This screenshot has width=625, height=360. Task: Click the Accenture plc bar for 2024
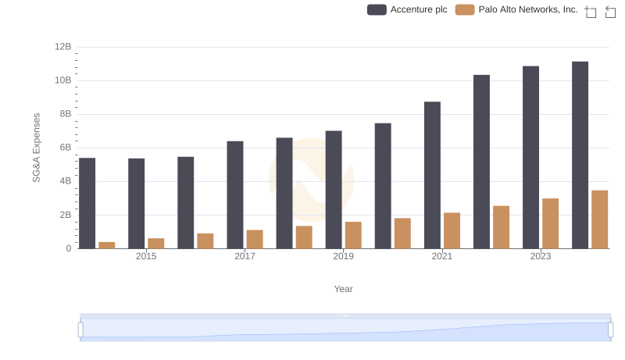click(x=580, y=155)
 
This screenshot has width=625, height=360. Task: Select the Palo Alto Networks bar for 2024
click(x=599, y=219)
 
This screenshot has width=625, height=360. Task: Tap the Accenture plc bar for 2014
click(x=87, y=203)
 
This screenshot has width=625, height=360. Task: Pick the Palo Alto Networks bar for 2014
click(x=107, y=245)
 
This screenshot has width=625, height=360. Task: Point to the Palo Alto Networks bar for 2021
click(x=452, y=230)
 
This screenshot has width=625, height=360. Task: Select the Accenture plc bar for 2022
click(x=481, y=162)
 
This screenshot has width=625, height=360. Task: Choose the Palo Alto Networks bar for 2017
click(x=255, y=239)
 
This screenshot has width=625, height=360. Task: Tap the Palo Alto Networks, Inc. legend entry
click(x=516, y=10)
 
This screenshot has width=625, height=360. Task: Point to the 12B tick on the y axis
click(x=62, y=47)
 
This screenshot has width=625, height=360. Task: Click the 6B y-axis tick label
click(x=64, y=148)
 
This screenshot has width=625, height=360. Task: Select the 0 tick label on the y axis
click(x=69, y=248)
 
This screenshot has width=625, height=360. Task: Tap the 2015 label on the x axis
click(x=146, y=256)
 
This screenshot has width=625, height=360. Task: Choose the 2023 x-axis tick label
click(x=541, y=256)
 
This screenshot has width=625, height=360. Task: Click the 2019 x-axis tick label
click(x=343, y=256)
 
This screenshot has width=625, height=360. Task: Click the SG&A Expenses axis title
click(x=36, y=148)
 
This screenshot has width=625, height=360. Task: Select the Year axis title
click(x=343, y=289)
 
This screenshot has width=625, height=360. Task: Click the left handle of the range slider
click(x=80, y=330)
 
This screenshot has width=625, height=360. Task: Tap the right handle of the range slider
click(x=611, y=330)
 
